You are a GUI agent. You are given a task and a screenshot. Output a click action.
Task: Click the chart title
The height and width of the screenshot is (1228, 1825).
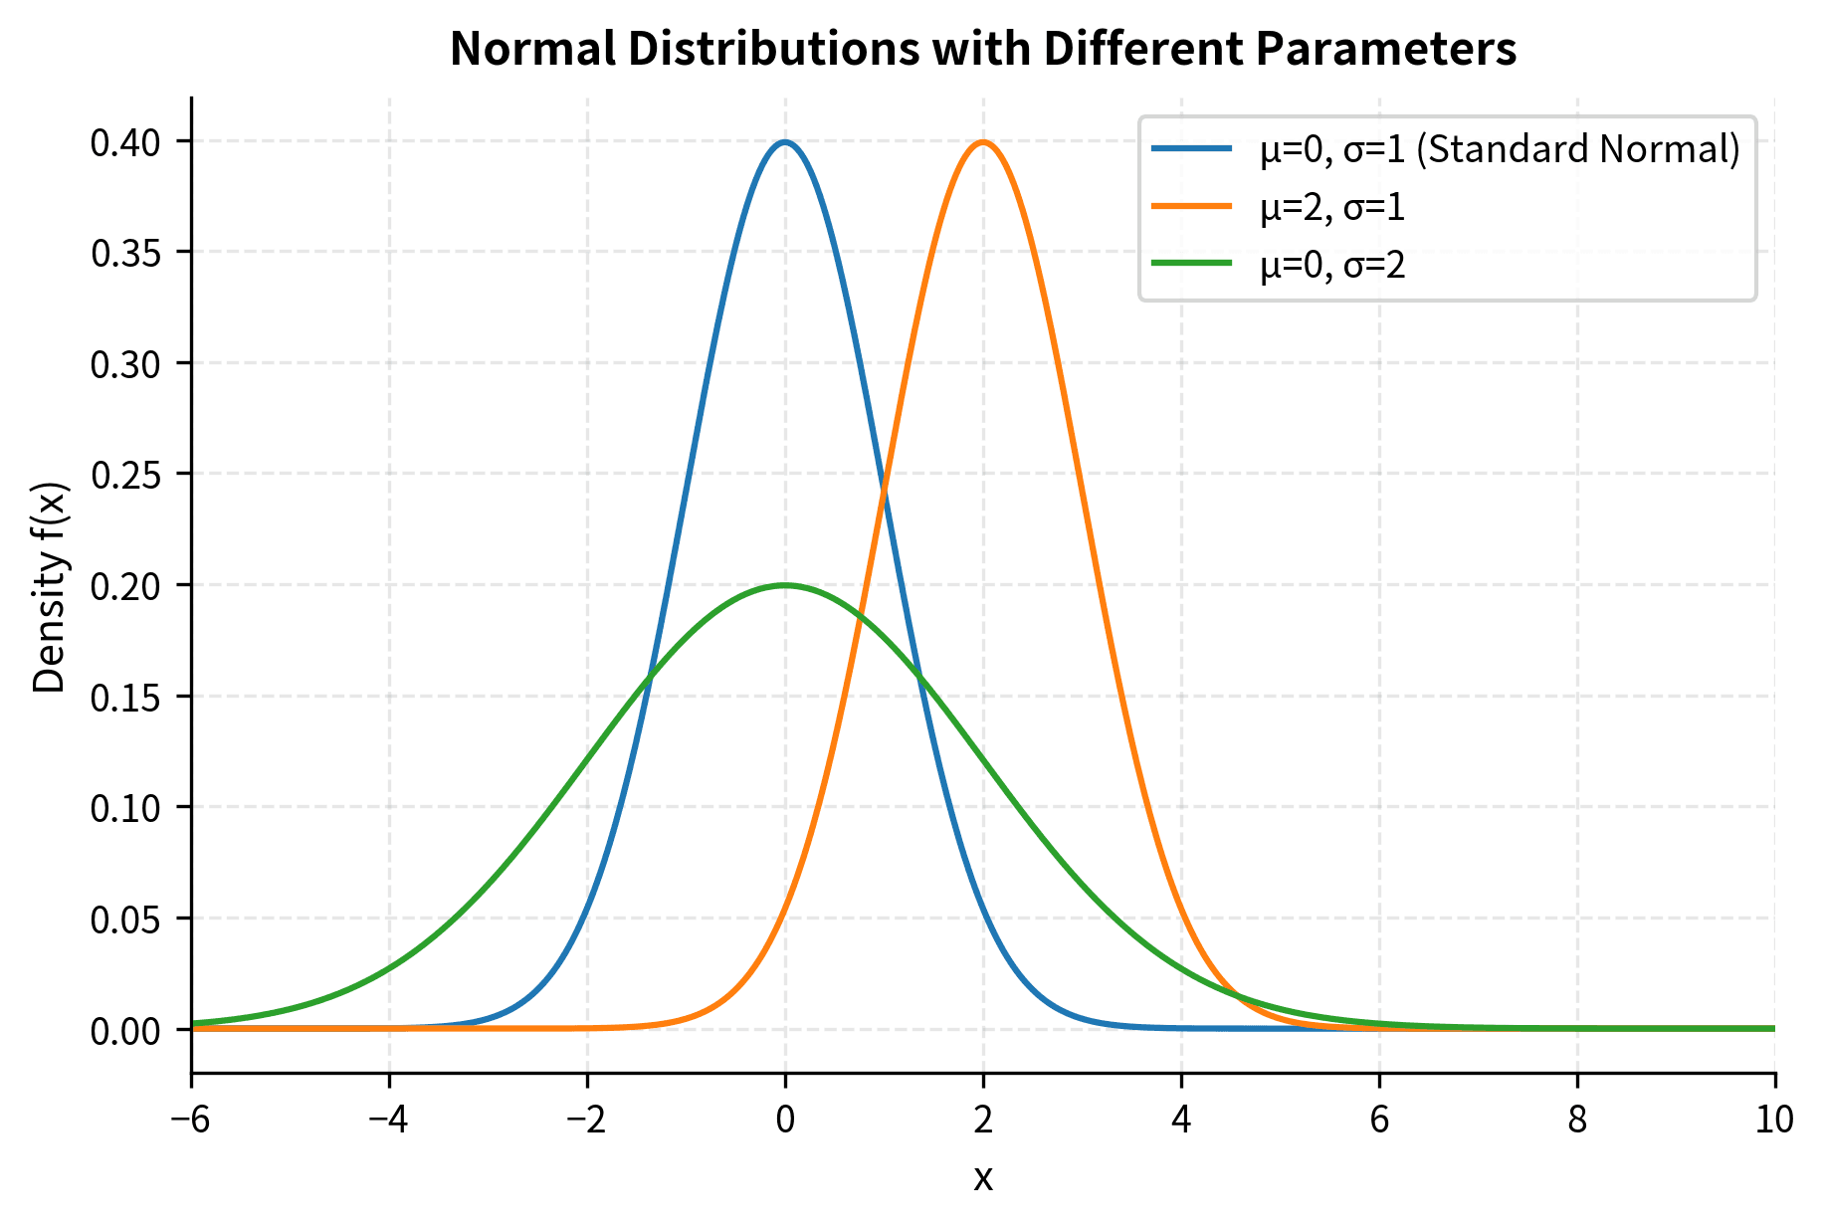(982, 49)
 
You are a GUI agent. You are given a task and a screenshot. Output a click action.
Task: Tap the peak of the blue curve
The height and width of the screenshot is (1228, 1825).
(785, 142)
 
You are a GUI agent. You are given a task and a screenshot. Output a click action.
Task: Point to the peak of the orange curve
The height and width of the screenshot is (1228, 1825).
(983, 142)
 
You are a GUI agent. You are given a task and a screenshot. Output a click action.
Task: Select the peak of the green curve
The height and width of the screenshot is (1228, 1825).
(785, 585)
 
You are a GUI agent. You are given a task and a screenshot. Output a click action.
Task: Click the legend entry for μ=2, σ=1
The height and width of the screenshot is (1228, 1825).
(1332, 207)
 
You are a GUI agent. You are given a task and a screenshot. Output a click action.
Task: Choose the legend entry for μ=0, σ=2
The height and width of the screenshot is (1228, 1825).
(1332, 265)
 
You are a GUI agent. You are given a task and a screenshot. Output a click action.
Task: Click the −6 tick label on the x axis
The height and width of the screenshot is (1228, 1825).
(191, 1121)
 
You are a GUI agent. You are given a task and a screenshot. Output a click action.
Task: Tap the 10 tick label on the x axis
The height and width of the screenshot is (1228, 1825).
(1774, 1121)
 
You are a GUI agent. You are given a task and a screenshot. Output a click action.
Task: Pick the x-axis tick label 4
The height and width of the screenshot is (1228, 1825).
(1181, 1121)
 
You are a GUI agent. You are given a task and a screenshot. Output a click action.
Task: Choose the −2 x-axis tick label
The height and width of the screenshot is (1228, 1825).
(587, 1121)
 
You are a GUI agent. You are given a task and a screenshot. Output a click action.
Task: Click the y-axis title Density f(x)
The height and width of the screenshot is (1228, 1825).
(50, 587)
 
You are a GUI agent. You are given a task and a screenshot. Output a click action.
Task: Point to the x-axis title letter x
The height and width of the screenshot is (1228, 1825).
(983, 1178)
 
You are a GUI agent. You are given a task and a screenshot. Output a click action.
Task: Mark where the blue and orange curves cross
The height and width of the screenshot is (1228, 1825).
(884, 491)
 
